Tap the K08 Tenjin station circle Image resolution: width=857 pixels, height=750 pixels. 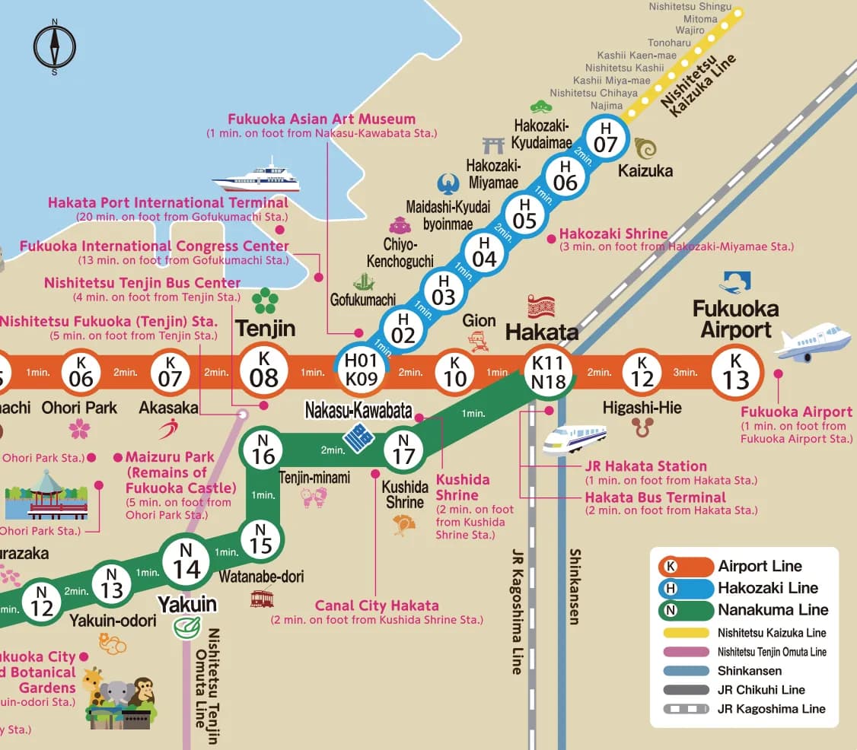(264, 371)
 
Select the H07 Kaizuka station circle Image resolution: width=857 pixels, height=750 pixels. (605, 137)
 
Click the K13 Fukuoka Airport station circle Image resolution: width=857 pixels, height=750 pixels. (736, 372)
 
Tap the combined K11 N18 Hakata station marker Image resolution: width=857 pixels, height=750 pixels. (549, 373)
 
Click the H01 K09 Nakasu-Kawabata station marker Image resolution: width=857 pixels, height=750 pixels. (362, 371)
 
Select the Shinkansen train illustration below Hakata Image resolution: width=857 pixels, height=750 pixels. (575, 438)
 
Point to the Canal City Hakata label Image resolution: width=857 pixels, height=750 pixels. (377, 606)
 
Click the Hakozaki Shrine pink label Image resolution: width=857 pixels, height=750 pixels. (613, 234)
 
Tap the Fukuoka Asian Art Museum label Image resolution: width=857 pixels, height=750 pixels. (322, 119)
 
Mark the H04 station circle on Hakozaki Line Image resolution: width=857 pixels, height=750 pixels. (484, 251)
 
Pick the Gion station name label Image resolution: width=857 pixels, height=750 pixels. (479, 321)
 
